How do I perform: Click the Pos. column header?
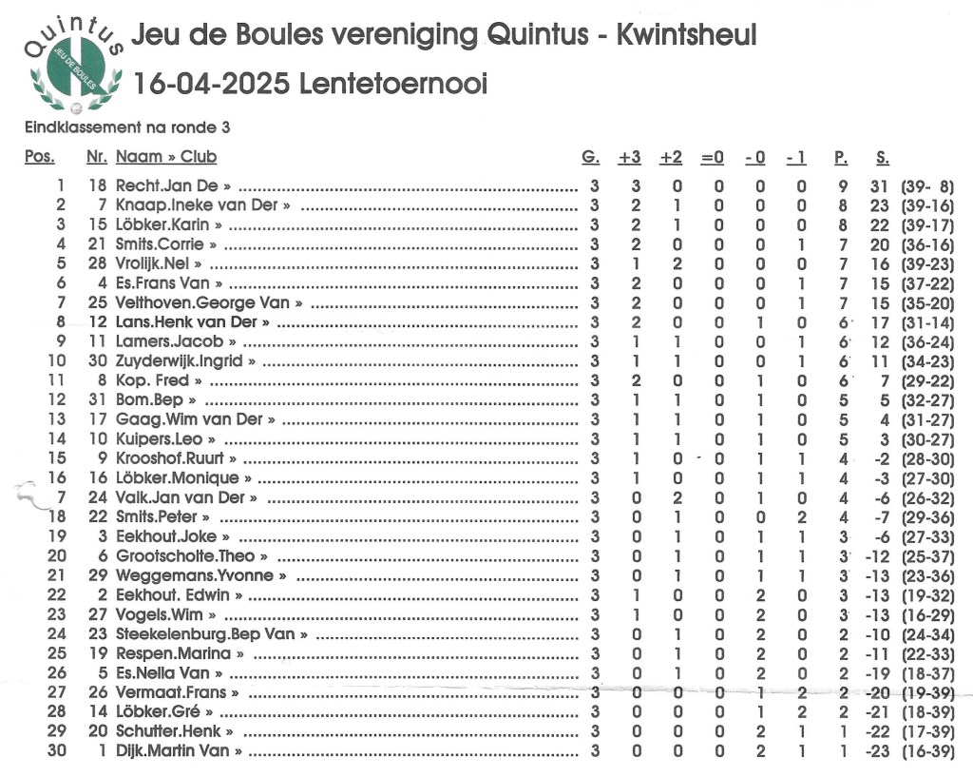tap(39, 157)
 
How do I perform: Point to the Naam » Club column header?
tap(166, 157)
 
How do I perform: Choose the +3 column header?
tap(629, 157)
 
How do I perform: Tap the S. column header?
tap(882, 157)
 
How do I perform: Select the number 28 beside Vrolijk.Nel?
tap(97, 263)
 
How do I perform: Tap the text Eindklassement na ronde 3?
tap(126, 126)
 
